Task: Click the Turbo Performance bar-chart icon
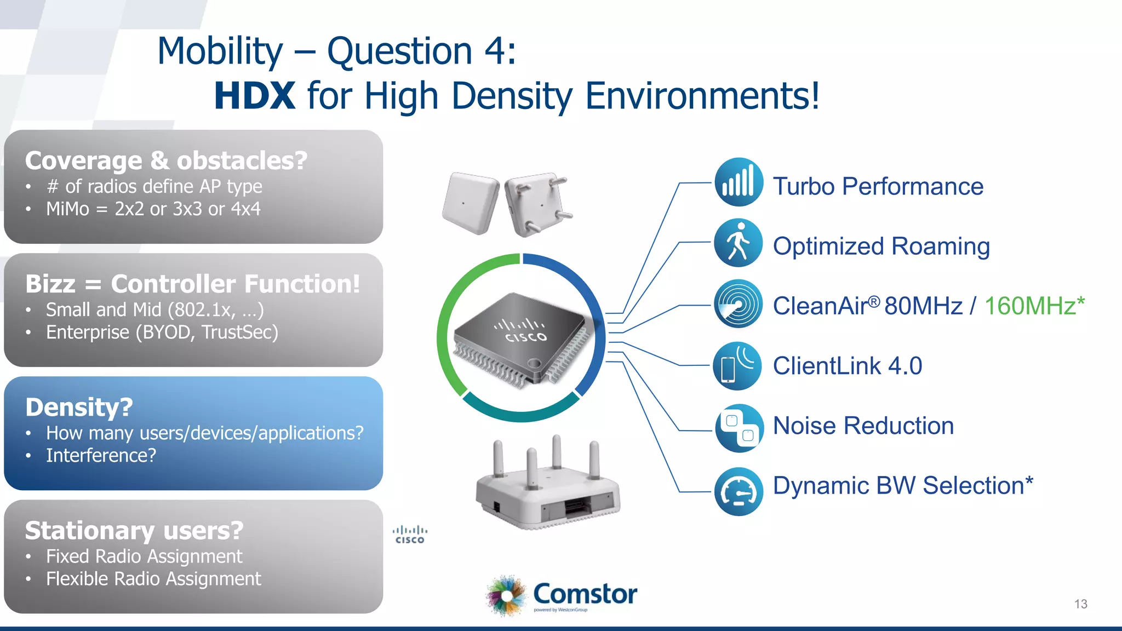739,182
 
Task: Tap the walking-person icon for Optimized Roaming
739,243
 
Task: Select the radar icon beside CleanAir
738,303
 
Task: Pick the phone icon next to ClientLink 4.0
737,366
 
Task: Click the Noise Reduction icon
739,428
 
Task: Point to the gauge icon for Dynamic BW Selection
739,491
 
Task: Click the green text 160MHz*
1034,306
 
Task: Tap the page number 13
1080,604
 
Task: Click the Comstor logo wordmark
585,594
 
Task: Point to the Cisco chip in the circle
522,339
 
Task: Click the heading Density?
79,407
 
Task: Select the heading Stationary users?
134,530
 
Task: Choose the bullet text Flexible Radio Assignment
153,578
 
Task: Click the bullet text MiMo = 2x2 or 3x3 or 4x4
153,209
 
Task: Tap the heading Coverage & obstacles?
166,160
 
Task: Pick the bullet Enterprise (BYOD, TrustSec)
162,332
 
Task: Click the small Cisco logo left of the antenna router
410,535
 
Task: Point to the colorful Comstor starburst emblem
506,595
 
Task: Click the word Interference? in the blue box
101,455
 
